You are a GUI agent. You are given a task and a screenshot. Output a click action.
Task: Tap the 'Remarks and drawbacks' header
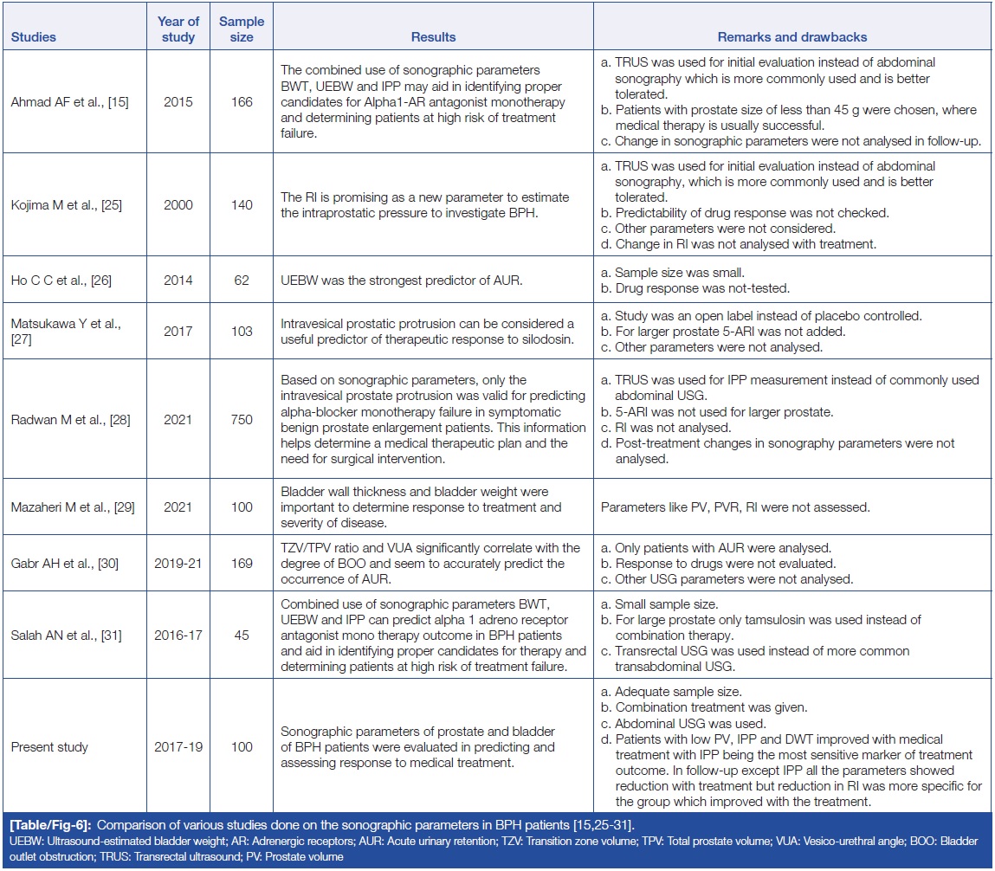click(x=792, y=37)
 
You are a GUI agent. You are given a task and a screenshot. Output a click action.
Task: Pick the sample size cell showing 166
click(x=242, y=102)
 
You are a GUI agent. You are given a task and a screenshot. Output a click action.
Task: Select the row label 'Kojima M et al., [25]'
click(x=68, y=205)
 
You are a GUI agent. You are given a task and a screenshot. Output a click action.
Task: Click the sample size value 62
click(x=242, y=281)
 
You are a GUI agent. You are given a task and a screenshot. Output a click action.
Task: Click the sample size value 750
click(x=242, y=420)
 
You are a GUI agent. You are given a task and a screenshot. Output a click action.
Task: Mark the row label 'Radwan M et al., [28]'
click(x=70, y=420)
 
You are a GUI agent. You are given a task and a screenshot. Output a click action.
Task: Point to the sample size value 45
click(x=242, y=636)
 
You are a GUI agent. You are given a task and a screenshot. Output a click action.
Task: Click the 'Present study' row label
click(x=50, y=747)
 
